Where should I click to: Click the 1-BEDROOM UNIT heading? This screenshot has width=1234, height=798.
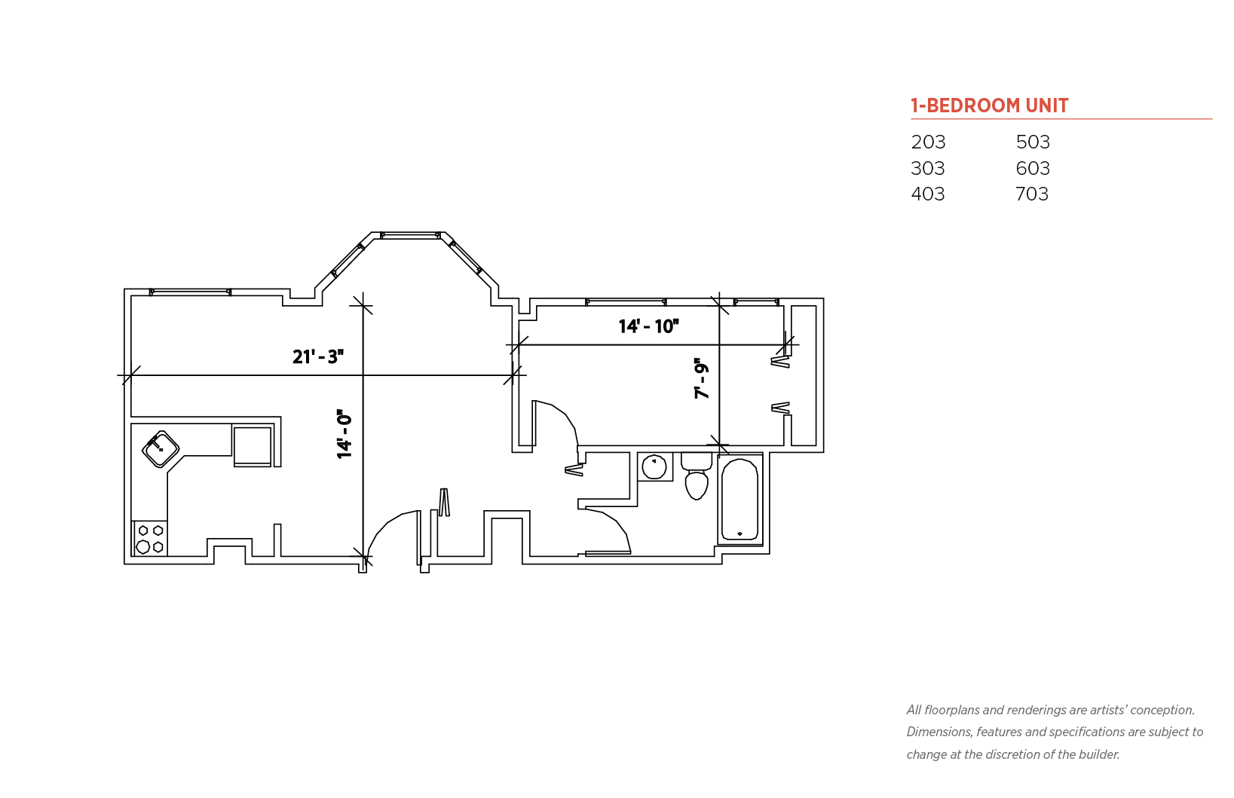pos(990,105)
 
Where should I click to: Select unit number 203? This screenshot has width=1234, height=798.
pos(928,142)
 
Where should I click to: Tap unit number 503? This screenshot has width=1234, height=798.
pos(1033,142)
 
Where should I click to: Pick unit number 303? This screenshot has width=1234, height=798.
pos(928,168)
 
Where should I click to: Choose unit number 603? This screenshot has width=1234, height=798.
pos(1033,168)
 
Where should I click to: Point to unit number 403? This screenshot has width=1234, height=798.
pos(928,194)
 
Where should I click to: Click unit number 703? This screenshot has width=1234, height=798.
pos(1032,194)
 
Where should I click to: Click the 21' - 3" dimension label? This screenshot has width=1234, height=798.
pos(318,357)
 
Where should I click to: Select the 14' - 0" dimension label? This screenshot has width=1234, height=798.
pos(344,434)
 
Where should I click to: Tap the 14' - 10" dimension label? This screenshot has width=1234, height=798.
pos(648,326)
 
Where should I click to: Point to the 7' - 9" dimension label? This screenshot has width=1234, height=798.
pos(701,378)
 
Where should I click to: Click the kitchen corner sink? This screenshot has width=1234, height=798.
pos(161,449)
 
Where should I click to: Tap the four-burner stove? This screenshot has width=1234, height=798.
pos(150,539)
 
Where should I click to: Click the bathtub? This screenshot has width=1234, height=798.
pos(739,500)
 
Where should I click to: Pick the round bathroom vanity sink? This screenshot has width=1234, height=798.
pos(654,467)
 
